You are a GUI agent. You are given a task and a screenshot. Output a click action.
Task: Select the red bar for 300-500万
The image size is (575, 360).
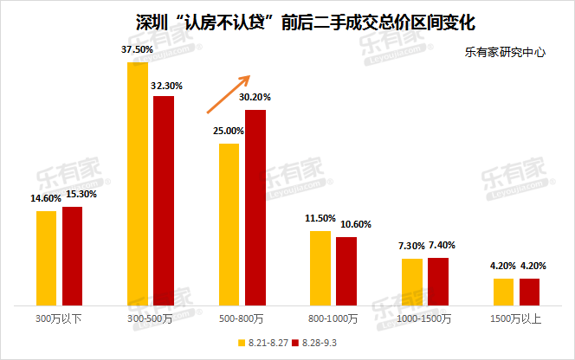[164, 200]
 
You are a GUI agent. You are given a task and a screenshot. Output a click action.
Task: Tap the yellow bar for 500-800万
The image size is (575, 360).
[229, 223]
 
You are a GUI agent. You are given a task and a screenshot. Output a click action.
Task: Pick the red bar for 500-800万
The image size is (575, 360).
[255, 207]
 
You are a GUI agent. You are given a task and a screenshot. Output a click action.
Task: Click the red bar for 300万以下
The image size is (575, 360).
[72, 255]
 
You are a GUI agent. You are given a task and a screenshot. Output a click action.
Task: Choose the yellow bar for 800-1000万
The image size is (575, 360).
[320, 267]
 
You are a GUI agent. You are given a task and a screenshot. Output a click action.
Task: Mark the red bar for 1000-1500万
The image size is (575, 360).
[438, 281]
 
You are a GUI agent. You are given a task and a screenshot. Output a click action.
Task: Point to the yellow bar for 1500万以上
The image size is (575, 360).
[504, 292]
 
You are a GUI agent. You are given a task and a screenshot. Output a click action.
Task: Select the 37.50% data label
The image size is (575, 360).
[137, 50]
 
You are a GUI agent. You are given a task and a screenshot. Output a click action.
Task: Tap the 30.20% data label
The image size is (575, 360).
[255, 97]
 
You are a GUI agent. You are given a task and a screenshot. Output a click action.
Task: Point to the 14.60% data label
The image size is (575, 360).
[45, 198]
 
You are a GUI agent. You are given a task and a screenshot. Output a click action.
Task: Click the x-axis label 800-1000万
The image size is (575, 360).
[334, 319]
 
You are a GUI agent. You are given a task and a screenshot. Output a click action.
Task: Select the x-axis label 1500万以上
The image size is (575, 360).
[517, 319]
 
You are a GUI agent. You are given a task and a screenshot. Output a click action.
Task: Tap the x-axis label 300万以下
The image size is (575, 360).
[59, 319]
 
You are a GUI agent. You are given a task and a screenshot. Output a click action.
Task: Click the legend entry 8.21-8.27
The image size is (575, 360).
[263, 343]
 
